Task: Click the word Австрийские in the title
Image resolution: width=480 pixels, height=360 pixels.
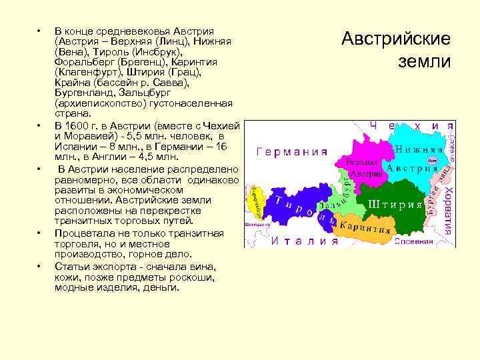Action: point(396,39)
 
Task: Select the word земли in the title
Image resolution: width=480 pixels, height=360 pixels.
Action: point(424,62)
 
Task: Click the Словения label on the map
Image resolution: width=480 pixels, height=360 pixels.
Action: point(417,241)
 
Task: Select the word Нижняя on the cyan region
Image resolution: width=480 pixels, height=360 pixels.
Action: point(419,149)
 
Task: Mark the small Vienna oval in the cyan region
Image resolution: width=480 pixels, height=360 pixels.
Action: point(432,161)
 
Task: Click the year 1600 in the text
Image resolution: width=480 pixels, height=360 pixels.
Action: point(78,126)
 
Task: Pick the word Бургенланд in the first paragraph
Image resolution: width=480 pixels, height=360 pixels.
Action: point(83,93)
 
